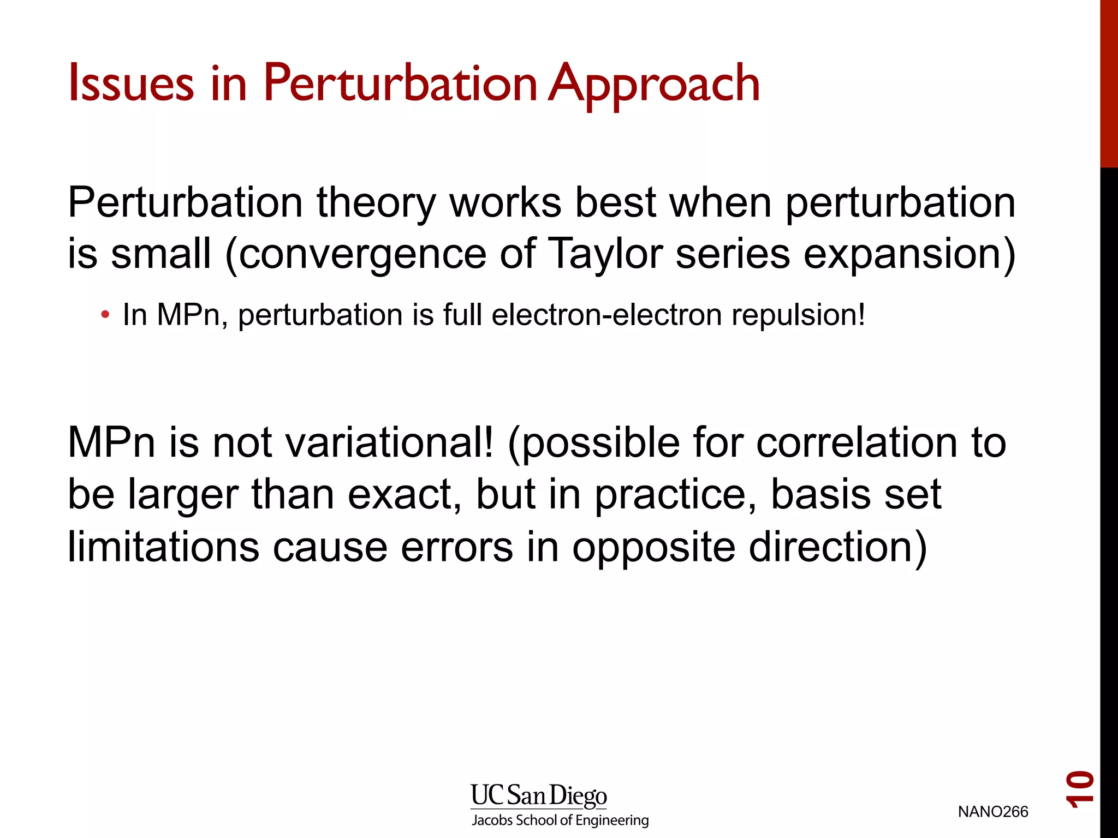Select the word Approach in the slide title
click(x=654, y=85)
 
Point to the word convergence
click(x=362, y=255)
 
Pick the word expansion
click(x=903, y=255)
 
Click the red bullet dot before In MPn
click(x=105, y=315)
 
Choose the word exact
click(x=405, y=494)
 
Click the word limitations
click(x=163, y=547)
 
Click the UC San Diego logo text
click(x=539, y=796)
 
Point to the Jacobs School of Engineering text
click(x=560, y=820)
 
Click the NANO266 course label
click(x=993, y=812)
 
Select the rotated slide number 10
click(x=1080, y=789)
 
